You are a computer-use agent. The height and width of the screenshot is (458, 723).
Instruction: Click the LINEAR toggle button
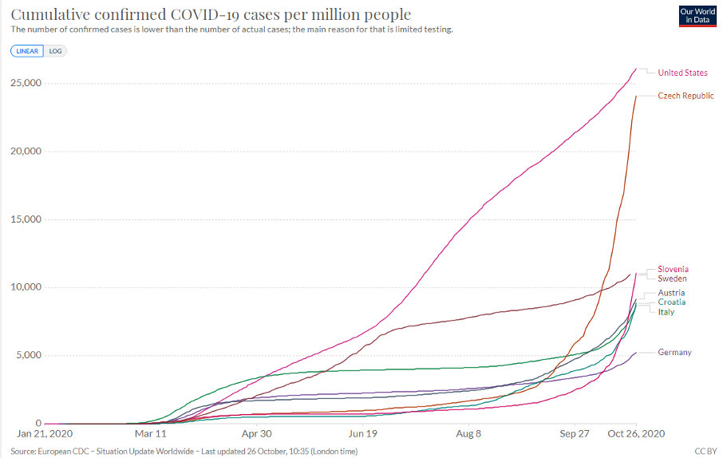pyautogui.click(x=28, y=50)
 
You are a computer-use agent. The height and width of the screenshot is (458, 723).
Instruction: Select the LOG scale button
pyautogui.click(x=55, y=50)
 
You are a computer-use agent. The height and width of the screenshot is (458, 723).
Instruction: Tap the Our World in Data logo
pyautogui.click(x=696, y=15)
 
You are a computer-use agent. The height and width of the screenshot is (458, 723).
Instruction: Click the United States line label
pyautogui.click(x=682, y=73)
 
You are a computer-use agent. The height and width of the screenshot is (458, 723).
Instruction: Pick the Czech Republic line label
pyautogui.click(x=685, y=96)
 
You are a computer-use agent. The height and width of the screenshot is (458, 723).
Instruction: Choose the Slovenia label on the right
pyautogui.click(x=673, y=270)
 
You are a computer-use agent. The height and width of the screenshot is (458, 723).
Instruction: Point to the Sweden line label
pyautogui.click(x=672, y=279)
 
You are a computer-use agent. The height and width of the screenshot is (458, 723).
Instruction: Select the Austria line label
pyautogui.click(x=671, y=294)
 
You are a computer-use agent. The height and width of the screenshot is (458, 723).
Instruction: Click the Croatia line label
pyautogui.click(x=672, y=302)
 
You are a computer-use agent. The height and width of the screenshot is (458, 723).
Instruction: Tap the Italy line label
pyautogui.click(x=666, y=312)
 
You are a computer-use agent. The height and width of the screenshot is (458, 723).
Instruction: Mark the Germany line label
pyautogui.click(x=674, y=353)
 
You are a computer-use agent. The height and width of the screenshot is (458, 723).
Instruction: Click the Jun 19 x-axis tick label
pyautogui.click(x=363, y=434)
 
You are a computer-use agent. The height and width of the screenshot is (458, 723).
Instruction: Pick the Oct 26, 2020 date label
pyautogui.click(x=636, y=434)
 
